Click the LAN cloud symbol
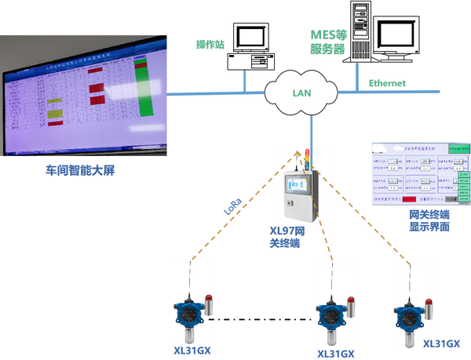coord(303,93)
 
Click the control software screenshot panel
coord(420,173)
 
